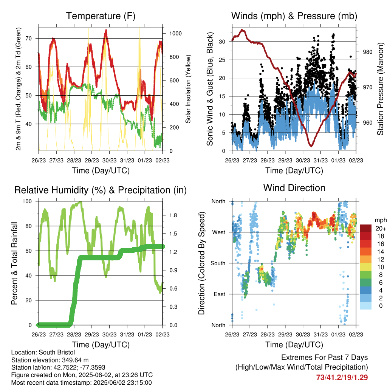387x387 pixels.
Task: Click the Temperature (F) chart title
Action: click(x=101, y=16)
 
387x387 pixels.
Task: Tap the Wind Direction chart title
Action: click(x=294, y=188)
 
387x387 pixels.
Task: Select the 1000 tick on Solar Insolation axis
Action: click(x=175, y=33)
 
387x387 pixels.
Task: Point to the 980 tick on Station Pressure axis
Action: click(x=367, y=52)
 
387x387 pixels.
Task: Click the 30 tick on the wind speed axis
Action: click(x=222, y=42)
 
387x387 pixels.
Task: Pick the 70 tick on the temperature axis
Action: click(x=29, y=38)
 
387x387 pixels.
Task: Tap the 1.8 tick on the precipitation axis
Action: click(x=173, y=215)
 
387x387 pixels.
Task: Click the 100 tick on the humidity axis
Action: click(x=27, y=201)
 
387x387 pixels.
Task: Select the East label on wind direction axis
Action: click(x=220, y=294)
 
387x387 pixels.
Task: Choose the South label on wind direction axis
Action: click(x=218, y=263)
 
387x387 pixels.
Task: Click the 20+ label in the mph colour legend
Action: click(x=381, y=228)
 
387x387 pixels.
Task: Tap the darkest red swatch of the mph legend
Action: click(x=366, y=228)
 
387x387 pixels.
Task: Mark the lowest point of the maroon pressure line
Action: click(x=311, y=146)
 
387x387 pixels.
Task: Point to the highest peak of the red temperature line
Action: click(x=106, y=30)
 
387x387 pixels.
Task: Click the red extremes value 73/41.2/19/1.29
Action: click(x=342, y=378)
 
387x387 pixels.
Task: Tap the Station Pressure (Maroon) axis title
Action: click(x=380, y=89)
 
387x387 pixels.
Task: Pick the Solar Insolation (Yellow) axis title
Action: click(x=188, y=89)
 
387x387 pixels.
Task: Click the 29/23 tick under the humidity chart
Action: click(x=92, y=334)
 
